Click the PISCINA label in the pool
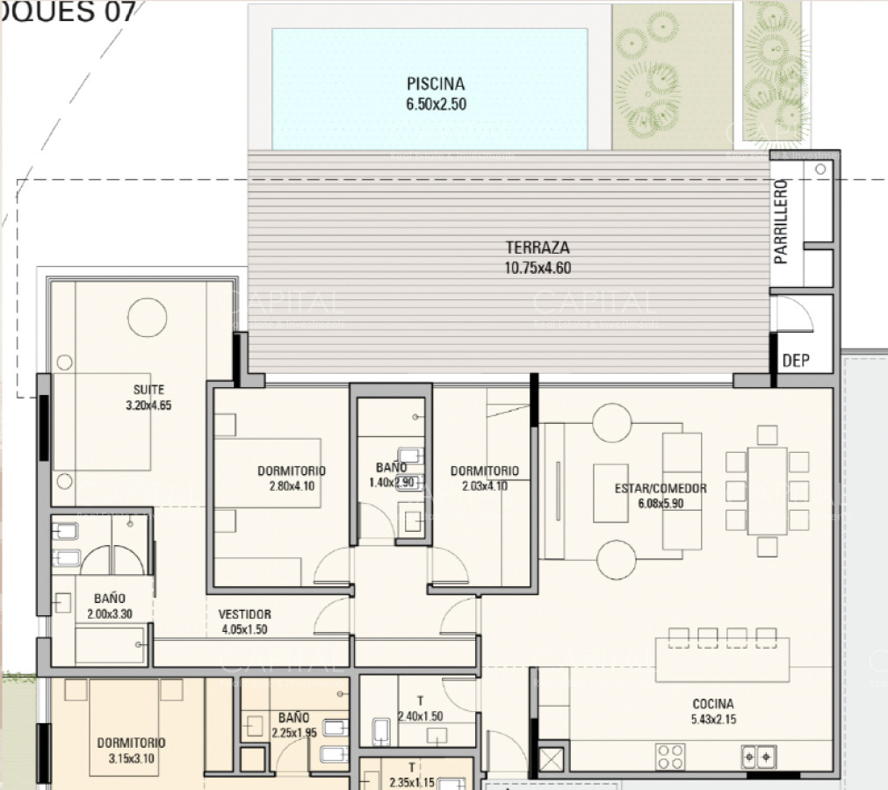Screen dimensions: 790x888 [435, 84]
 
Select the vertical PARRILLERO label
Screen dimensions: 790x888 [781, 222]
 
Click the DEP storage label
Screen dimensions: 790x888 [795, 360]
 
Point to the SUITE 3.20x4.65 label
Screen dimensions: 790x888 [149, 397]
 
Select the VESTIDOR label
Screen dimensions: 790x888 [244, 614]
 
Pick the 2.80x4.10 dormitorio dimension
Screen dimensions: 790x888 [292, 485]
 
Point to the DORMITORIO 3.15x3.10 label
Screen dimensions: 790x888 [131, 750]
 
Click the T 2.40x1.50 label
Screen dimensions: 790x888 [420, 708]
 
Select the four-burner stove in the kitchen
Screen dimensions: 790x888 [671, 756]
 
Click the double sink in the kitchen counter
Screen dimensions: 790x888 [758, 756]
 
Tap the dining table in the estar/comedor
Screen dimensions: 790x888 [767, 491]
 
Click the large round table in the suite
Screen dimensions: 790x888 [147, 316]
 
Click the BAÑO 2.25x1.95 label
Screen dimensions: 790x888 [293, 724]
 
